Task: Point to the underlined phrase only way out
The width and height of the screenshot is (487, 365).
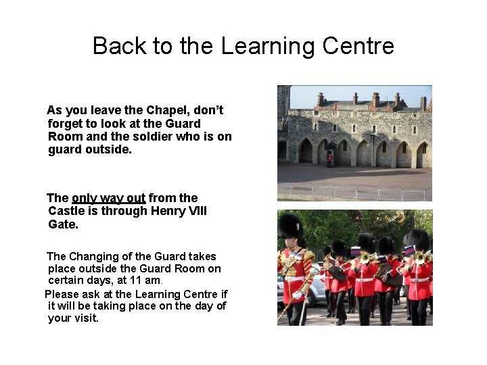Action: [108, 198]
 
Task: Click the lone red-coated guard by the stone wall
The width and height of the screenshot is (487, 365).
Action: [330, 159]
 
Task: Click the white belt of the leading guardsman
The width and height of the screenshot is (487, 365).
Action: [294, 278]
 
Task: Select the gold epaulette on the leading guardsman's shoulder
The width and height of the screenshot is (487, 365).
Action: [308, 255]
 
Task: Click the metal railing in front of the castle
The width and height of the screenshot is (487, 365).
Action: [354, 192]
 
